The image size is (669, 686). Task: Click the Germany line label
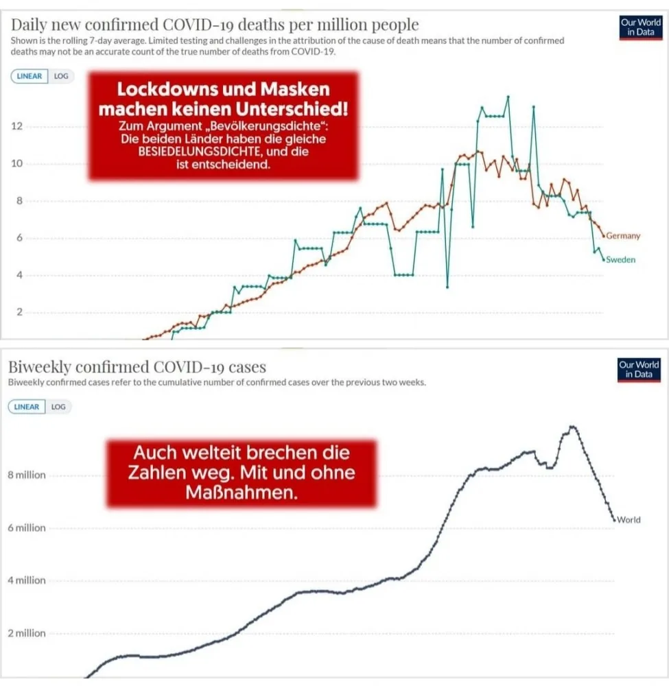point(623,236)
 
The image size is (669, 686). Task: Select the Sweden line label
point(620,259)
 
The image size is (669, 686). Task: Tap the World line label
point(629,520)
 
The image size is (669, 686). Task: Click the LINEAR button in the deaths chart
point(30,76)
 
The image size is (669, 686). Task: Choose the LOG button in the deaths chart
point(61,76)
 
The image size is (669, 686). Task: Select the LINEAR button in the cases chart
point(27,407)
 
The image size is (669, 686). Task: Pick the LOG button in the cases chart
point(58,407)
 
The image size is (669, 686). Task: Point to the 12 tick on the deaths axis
point(16,126)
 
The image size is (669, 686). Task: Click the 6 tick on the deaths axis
point(19,238)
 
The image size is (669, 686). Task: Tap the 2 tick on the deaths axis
point(19,312)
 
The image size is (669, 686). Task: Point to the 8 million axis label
point(27,475)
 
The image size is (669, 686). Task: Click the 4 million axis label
point(27,580)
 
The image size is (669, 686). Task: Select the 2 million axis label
point(27,633)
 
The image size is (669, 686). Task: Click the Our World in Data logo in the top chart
point(641,27)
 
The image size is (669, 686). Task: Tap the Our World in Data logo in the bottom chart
point(639,370)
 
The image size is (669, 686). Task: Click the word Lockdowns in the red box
point(167,89)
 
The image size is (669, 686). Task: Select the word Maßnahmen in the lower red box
point(242,493)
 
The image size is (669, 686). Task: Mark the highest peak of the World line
point(572,427)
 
